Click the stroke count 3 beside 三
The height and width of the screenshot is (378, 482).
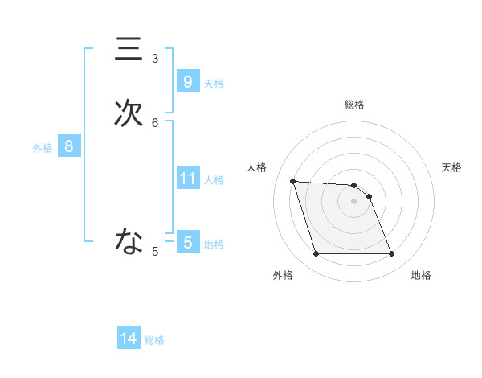tap(155, 58)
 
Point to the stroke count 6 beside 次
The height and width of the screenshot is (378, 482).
tap(155, 122)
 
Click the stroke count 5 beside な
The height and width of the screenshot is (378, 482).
tap(155, 252)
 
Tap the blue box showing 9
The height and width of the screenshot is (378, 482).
tap(187, 82)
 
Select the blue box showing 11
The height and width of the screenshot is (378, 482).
tap(187, 179)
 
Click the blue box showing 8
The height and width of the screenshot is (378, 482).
tap(69, 146)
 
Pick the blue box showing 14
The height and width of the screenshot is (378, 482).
tap(129, 339)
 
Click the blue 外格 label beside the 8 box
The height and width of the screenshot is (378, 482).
tap(43, 148)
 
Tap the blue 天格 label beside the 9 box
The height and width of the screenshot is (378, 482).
tap(214, 84)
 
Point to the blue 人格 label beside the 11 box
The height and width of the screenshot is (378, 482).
tap(214, 180)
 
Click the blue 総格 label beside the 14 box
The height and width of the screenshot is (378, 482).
tap(154, 341)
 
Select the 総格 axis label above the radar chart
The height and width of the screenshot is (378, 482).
tap(354, 105)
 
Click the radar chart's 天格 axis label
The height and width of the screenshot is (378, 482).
tap(451, 167)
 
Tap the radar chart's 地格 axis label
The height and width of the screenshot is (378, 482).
tap(421, 276)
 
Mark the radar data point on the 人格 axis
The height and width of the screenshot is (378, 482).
tap(292, 181)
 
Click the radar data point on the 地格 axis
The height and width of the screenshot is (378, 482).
tap(391, 254)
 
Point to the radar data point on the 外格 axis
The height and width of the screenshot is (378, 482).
tap(316, 254)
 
